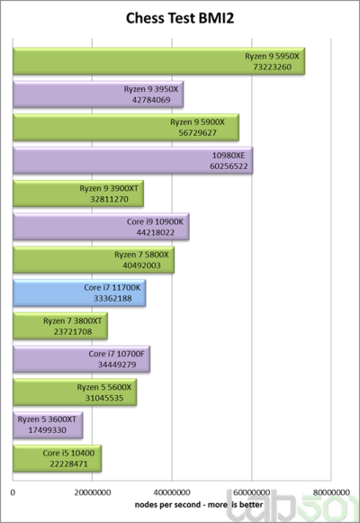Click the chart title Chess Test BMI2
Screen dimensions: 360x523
coord(180,18)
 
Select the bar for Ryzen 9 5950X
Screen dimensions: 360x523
coord(158,61)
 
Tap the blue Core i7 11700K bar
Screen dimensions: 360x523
coord(79,293)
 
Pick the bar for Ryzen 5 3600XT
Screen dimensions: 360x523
coord(48,425)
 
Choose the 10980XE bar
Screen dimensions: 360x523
coord(132,160)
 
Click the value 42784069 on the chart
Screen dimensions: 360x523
coord(151,100)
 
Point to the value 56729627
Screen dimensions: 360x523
coord(197,132)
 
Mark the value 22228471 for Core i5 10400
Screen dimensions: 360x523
coord(68,464)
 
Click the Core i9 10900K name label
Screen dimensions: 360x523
coord(155,221)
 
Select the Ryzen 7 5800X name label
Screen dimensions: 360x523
coord(141,255)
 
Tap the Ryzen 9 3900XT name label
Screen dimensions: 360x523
coord(109,188)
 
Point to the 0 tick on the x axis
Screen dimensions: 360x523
coord(13,492)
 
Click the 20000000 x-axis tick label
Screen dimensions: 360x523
coord(93,492)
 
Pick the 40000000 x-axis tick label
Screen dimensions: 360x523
coord(172,492)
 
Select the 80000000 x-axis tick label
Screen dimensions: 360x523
coord(331,492)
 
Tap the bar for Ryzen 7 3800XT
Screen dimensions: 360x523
coord(60,326)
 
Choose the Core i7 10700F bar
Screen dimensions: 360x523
coord(81,359)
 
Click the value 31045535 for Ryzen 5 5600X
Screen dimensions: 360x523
coord(104,398)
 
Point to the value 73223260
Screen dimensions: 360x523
coord(273,67)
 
